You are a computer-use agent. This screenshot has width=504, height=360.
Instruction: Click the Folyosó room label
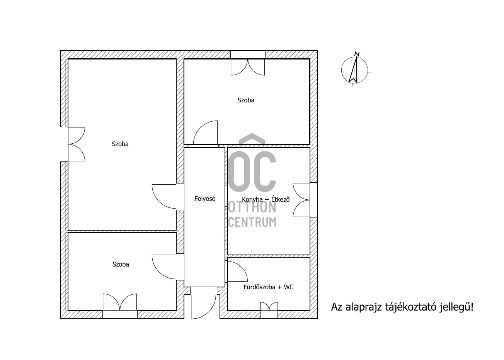(x=205, y=199)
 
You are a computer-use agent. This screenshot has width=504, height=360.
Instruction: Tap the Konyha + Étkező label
(x=266, y=199)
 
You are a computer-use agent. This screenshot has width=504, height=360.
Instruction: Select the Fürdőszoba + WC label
(x=268, y=287)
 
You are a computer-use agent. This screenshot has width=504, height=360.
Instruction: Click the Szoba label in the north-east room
(x=246, y=100)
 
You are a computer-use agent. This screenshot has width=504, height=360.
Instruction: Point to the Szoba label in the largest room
(x=120, y=144)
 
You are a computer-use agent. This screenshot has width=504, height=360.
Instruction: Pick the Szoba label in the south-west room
(x=121, y=264)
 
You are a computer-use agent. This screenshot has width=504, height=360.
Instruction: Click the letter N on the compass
(x=357, y=54)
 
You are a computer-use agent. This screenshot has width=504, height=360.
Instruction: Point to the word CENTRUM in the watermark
(x=252, y=222)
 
